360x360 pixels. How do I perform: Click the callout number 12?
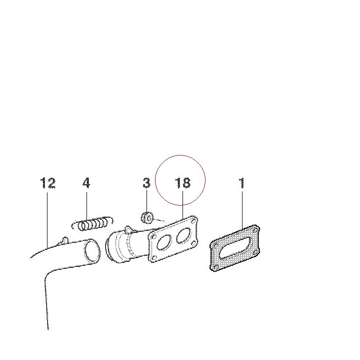48,183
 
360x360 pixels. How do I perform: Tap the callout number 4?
86,183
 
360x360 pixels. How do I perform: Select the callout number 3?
146,183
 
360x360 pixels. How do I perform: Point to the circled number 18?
182,183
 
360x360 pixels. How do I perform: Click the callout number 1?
242,183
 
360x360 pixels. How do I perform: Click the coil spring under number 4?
92,223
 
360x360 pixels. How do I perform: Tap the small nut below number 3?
147,217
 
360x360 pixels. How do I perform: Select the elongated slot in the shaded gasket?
235,247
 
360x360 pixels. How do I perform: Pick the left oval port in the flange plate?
164,242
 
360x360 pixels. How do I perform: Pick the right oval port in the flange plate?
183,235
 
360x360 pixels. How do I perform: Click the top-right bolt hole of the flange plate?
194,221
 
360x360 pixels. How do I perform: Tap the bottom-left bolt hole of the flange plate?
154,257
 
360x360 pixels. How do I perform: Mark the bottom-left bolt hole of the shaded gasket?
215,267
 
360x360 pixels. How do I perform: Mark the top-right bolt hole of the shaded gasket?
254,230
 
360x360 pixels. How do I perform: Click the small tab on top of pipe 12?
65,240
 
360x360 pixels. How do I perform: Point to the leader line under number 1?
242,210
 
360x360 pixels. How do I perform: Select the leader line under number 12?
47,220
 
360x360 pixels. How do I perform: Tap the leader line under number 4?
87,206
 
